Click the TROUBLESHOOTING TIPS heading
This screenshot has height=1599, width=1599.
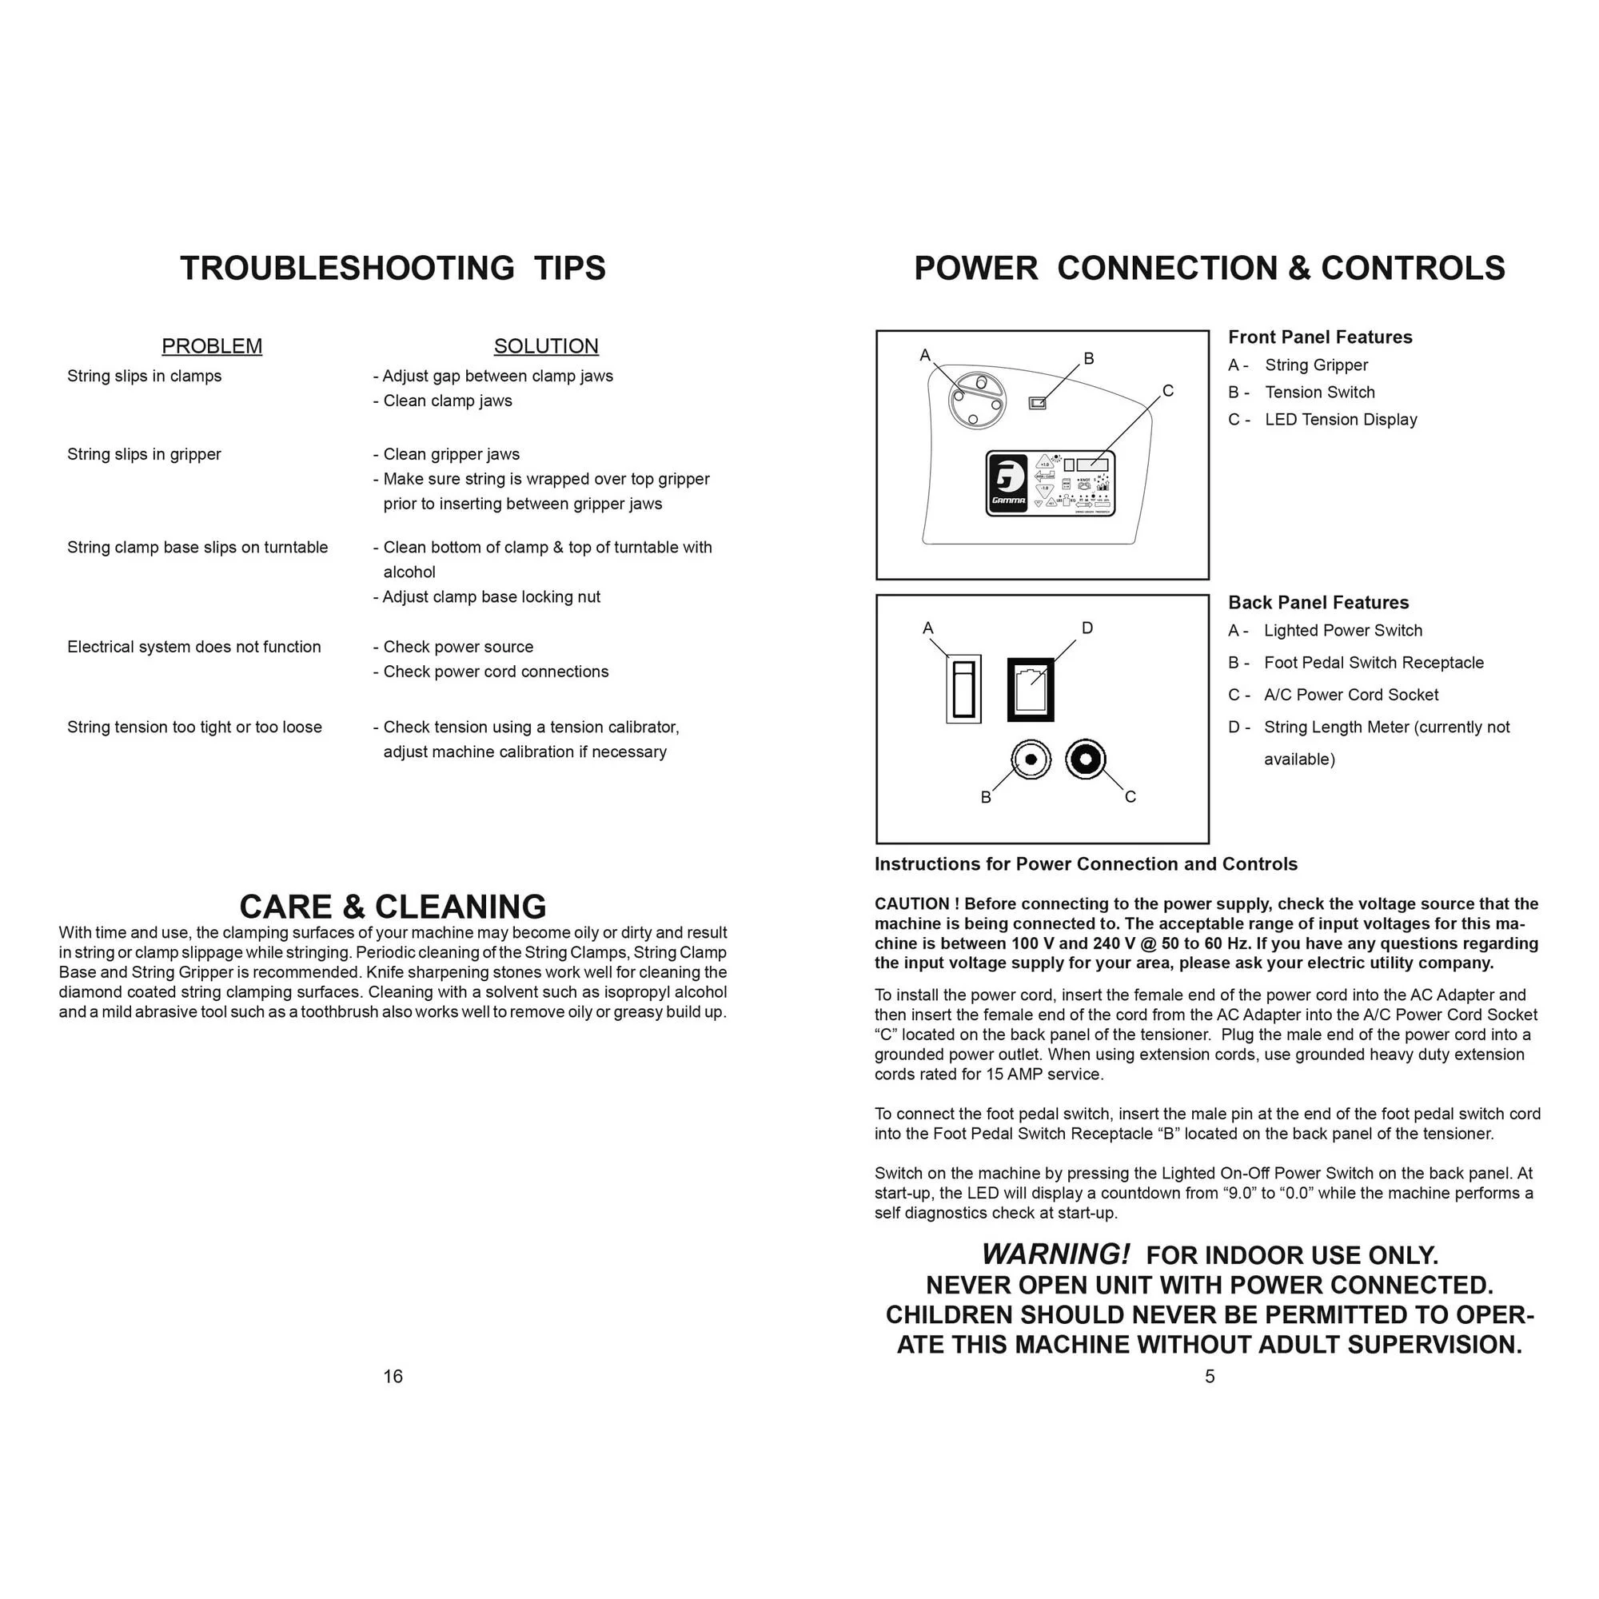tap(393, 268)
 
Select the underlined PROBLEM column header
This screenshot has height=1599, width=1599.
tap(212, 346)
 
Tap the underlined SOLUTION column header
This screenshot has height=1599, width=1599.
tap(545, 346)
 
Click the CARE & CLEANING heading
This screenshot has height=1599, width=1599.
tap(393, 907)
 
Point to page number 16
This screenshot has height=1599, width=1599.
tap(393, 1375)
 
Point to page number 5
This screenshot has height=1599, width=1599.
tap(1209, 1375)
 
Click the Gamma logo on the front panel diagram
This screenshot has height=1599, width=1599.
tap(1008, 484)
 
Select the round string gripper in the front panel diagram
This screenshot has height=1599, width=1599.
tap(977, 401)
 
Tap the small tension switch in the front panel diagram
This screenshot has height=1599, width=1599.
tap(1037, 403)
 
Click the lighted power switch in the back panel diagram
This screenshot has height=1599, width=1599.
tap(963, 688)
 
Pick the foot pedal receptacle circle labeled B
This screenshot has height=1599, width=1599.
tap(1031, 759)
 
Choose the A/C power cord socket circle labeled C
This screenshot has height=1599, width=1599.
tap(1085, 759)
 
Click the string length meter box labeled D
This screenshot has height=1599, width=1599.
tap(1031, 688)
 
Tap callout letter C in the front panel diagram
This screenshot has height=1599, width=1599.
tap(1168, 391)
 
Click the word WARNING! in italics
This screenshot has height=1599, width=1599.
tap(1055, 1254)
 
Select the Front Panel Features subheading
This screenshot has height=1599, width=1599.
tap(1319, 337)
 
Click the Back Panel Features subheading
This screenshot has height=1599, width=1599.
tap(1318, 603)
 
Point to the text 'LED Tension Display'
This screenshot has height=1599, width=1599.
tap(1340, 420)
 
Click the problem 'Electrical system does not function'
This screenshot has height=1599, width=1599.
tap(193, 646)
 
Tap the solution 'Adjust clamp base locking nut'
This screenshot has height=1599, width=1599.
tap(491, 596)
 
